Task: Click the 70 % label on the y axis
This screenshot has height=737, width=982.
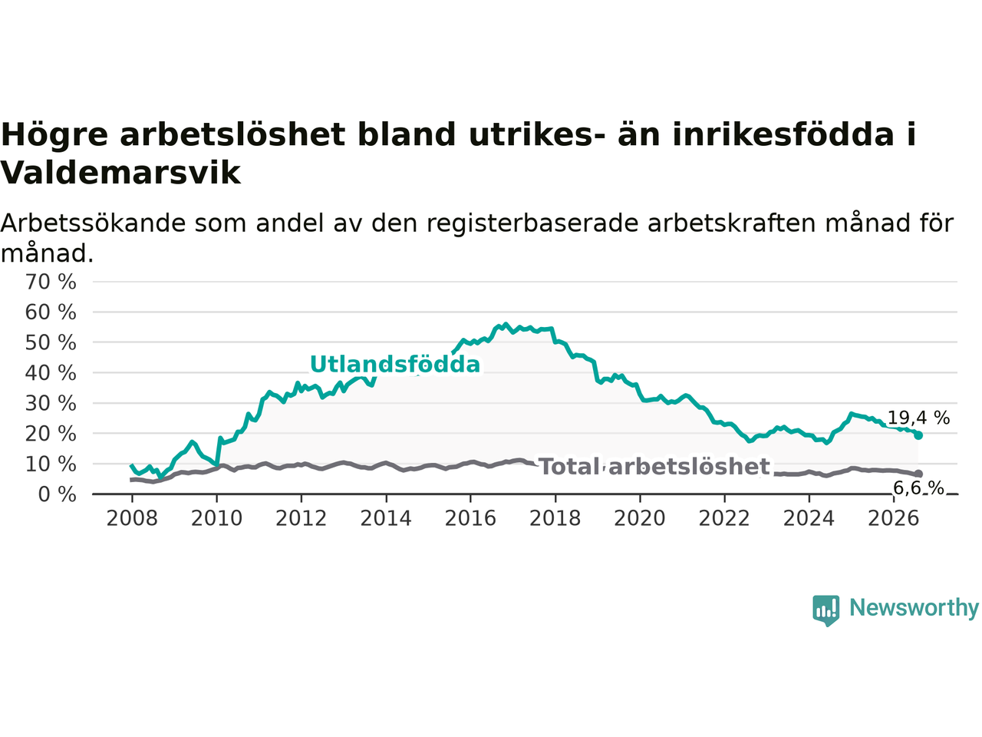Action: coord(51,282)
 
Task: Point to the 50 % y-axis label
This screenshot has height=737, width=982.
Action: coord(51,342)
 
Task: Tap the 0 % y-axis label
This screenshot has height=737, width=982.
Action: coord(58,494)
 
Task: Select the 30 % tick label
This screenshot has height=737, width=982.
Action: coord(51,404)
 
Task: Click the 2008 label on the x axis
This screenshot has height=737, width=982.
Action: coord(132,519)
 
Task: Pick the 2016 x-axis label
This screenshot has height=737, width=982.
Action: coord(470,519)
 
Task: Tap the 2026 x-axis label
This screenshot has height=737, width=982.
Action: coord(894,519)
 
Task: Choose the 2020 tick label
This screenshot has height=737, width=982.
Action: coord(640,519)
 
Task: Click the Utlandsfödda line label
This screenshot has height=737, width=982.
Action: coord(395,364)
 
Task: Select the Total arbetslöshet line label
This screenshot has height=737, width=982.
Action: coord(655,467)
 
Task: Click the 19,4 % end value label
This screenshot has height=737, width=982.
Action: coord(918,418)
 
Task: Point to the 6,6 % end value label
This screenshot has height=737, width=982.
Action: coord(918,487)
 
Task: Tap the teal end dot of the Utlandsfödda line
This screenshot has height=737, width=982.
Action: coord(918,435)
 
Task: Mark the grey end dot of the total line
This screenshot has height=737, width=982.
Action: coord(918,474)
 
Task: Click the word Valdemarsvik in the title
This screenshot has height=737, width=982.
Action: coord(120,173)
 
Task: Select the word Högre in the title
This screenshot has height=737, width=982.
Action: coord(54,134)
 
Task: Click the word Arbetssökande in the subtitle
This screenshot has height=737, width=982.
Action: coord(93,223)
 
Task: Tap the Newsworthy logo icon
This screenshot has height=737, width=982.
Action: coord(825,610)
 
